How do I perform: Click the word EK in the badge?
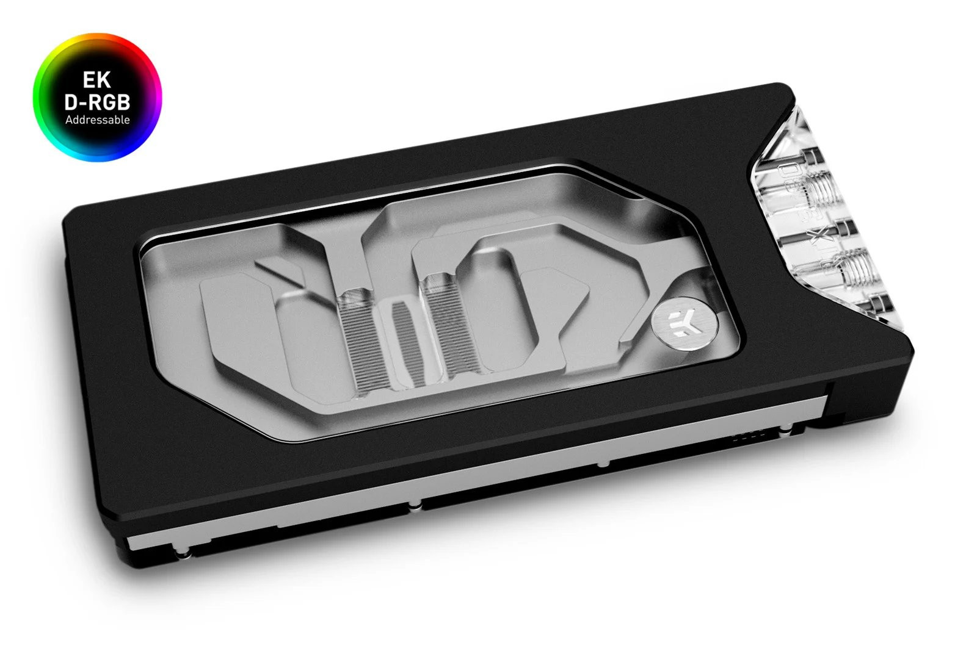point(97,81)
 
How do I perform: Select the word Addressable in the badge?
point(97,120)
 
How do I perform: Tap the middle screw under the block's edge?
point(415,504)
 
